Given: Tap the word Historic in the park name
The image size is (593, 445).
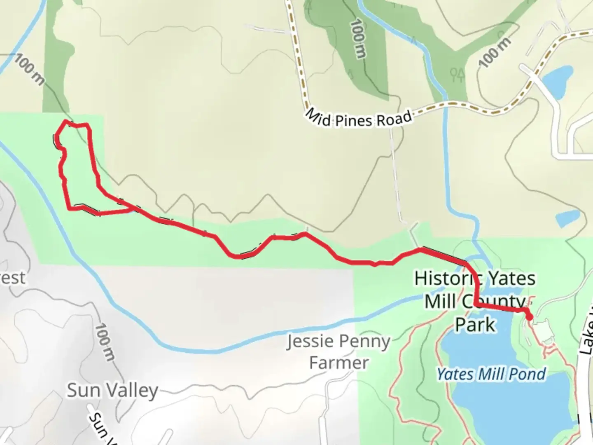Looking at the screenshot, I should pyautogui.click(x=442, y=279).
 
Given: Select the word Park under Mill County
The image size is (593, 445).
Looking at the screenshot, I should pyautogui.click(x=475, y=325).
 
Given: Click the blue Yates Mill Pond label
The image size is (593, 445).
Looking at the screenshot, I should pyautogui.click(x=491, y=375).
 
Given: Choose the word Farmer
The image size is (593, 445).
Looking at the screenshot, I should pyautogui.click(x=339, y=363).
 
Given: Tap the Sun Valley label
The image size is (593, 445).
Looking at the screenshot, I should pyautogui.click(x=112, y=390).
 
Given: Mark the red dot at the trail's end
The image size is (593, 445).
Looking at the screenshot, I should pyautogui.click(x=529, y=316).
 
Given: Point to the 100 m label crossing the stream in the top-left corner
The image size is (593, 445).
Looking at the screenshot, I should pyautogui.click(x=29, y=70).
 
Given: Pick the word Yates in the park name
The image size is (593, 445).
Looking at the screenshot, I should pyautogui.click(x=513, y=279).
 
